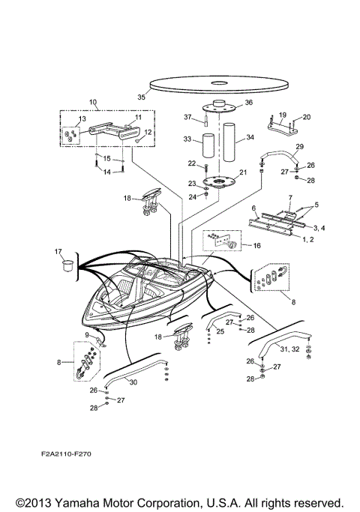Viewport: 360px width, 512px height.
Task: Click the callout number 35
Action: [140, 96]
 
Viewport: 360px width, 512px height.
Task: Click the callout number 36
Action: [249, 103]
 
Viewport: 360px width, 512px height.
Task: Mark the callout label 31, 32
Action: [289, 349]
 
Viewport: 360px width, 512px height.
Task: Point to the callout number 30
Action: [133, 382]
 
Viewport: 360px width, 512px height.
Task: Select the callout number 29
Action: [300, 146]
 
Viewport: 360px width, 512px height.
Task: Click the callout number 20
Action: [306, 117]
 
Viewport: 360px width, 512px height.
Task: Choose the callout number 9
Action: [87, 335]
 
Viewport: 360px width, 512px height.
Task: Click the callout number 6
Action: [254, 208]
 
